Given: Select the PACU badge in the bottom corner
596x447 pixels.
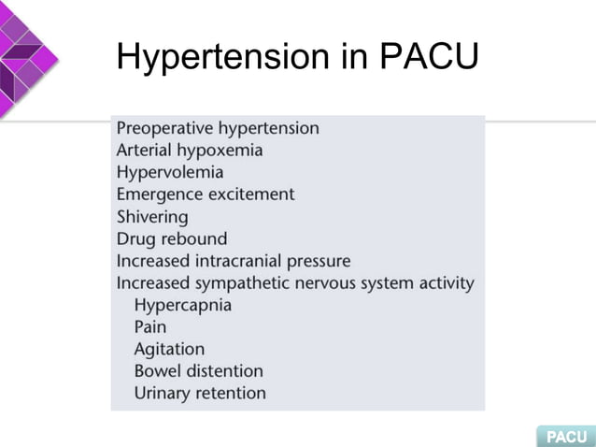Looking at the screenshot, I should [x=565, y=437].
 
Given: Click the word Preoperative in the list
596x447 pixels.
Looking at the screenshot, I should [x=163, y=129].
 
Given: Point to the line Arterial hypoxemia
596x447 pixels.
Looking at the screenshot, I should [x=189, y=151].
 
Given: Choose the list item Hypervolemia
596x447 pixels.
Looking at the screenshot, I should [x=169, y=173].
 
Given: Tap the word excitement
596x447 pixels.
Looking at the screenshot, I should [x=250, y=195].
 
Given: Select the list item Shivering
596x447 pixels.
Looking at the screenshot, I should [x=151, y=217].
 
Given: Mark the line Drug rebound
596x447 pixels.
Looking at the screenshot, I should [x=171, y=238].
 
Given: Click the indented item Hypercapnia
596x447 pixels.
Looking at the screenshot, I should [x=182, y=306].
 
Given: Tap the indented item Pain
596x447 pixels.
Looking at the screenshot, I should [x=150, y=327].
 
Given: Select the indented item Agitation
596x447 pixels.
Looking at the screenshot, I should [x=169, y=350].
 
